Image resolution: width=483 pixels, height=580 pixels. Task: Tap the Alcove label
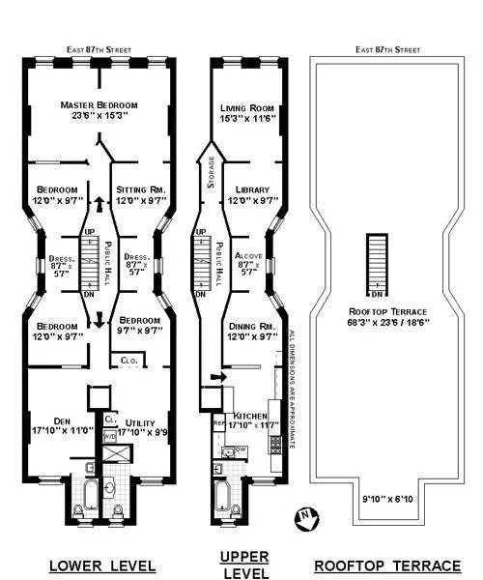coord(248,256)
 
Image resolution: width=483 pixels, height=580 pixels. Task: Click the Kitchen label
coord(250,413)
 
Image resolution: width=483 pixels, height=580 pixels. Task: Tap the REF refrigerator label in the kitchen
coord(218,422)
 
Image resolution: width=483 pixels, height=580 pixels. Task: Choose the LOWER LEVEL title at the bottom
coord(97,565)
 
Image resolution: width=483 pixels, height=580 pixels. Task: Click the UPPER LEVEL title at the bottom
coord(243,564)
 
